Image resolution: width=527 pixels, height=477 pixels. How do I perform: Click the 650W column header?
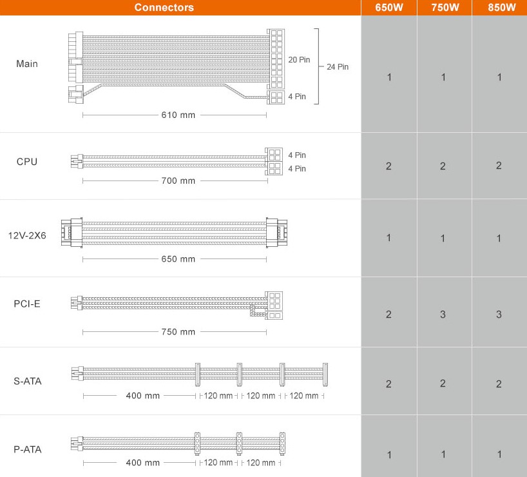pos(389,7)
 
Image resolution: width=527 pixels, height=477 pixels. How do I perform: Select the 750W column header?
pos(445,7)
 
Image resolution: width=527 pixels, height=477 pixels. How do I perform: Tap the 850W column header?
pos(501,7)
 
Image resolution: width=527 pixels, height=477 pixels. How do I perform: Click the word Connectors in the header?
pos(164,7)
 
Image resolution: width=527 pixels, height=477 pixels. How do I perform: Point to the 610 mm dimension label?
pos(178,115)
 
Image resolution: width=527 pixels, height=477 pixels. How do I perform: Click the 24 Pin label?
pos(338,66)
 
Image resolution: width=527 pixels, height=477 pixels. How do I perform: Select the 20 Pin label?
pos(299,59)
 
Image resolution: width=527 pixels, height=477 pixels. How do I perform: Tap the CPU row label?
pos(27,161)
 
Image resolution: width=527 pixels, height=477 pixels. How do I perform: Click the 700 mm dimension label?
pos(178,180)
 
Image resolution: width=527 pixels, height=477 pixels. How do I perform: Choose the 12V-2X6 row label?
pos(27,235)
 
